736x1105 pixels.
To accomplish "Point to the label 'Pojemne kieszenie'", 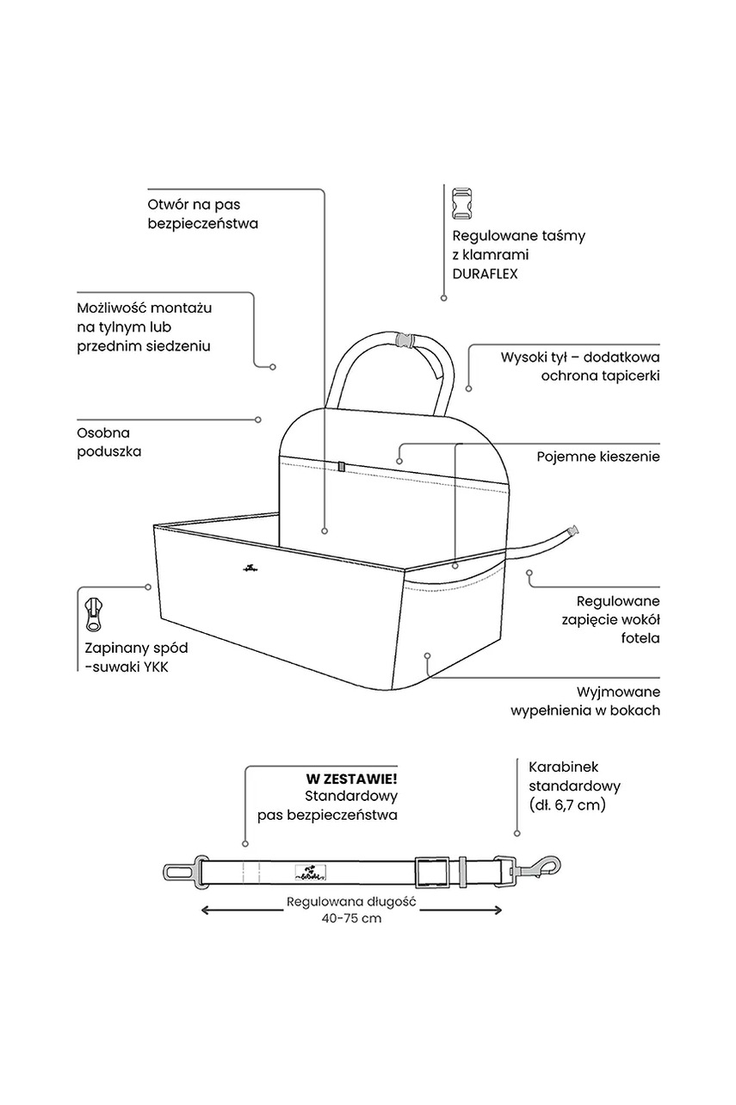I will tap(598, 456).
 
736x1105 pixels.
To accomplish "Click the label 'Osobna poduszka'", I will tap(108, 442).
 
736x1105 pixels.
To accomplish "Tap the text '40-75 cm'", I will tap(350, 918).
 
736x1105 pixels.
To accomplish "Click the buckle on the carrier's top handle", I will tap(405, 338).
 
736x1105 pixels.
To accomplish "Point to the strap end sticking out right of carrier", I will tap(571, 531).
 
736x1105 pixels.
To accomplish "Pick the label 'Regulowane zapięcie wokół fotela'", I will tap(618, 620).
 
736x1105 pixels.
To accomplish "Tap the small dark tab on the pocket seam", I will tap(341, 467).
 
